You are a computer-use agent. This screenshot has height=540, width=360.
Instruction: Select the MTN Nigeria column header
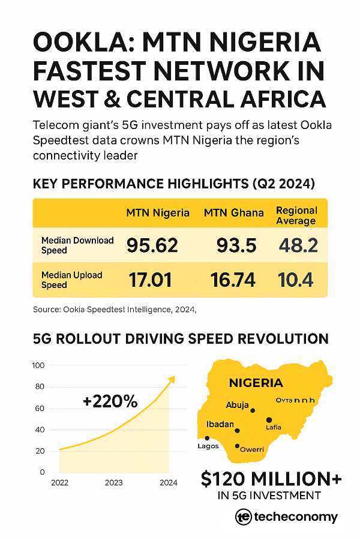[x=158, y=213]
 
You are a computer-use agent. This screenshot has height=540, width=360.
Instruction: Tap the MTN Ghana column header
[x=233, y=213]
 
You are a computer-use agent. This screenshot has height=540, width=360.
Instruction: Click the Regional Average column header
[x=296, y=215]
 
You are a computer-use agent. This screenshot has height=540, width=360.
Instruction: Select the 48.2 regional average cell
[x=298, y=245]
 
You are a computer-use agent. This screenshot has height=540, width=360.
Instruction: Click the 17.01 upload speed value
[x=151, y=280]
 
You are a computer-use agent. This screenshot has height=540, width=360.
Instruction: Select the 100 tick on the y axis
[x=38, y=365]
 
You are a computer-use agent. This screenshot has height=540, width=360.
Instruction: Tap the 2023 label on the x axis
[x=113, y=482]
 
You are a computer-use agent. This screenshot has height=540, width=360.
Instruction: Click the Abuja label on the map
[x=237, y=405]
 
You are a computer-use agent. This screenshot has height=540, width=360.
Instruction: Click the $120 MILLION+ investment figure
[x=271, y=479]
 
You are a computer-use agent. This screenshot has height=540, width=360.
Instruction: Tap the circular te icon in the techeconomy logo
[x=243, y=517]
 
